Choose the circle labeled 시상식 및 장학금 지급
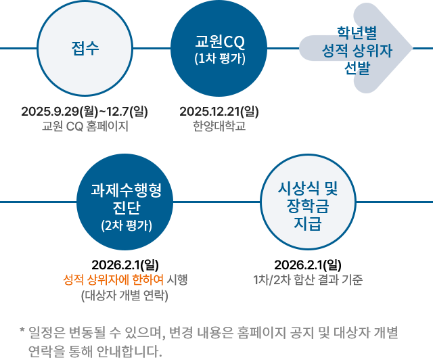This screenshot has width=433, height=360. (308, 201)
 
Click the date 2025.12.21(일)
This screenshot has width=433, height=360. (219, 111)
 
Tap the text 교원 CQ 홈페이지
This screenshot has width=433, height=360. (85, 126)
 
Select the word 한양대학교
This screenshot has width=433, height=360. (219, 126)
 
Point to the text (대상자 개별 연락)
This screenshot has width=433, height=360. (124, 295)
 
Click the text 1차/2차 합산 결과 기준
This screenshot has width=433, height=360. (308, 280)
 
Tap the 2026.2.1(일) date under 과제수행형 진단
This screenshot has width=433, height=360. (125, 265)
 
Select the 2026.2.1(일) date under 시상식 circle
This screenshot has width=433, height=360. (308, 265)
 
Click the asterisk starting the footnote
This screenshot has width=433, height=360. (22, 332)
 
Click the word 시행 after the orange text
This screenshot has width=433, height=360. (177, 280)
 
